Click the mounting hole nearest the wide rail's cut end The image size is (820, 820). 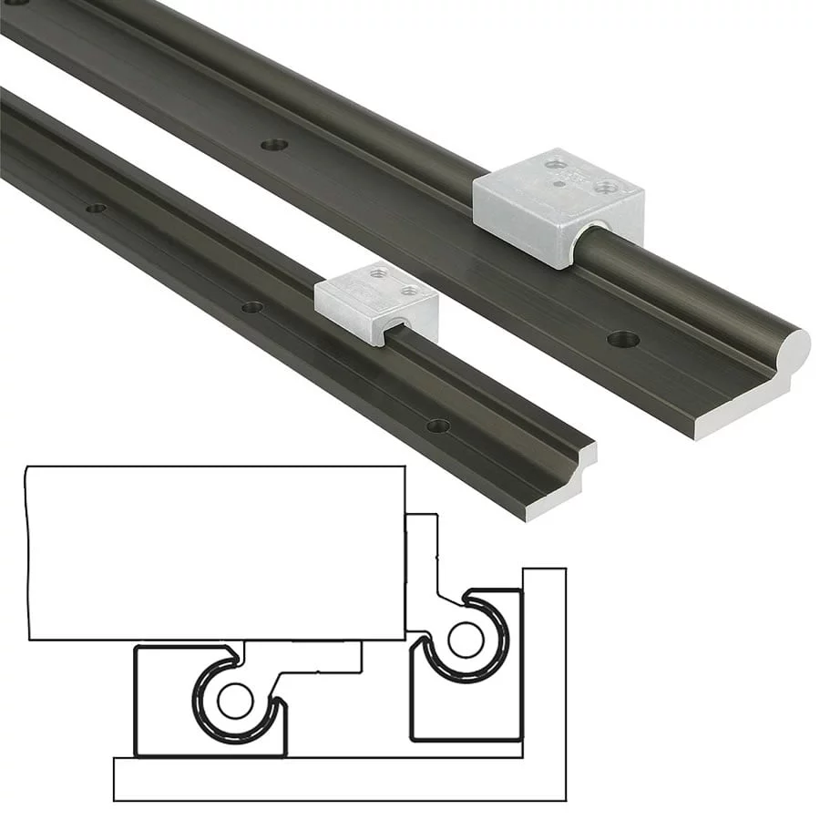(623, 340)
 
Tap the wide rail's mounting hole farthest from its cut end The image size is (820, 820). (273, 145)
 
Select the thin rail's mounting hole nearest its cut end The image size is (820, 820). (438, 425)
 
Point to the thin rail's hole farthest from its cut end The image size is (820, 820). (96, 209)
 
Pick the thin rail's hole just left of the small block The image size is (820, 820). (252, 307)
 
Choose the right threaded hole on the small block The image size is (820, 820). (410, 291)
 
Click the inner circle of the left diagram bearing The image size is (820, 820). (235, 700)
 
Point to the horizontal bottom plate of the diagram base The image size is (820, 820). (337, 779)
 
